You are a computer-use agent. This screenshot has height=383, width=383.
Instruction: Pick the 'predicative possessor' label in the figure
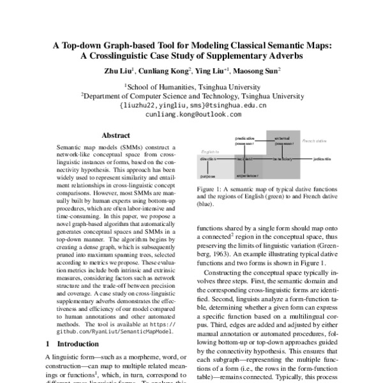point(245,140)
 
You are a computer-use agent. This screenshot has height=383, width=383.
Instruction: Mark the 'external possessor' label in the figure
point(282,140)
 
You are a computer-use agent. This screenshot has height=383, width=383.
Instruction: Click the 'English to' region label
point(210,151)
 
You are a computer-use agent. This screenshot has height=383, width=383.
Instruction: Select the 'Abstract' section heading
point(116,135)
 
